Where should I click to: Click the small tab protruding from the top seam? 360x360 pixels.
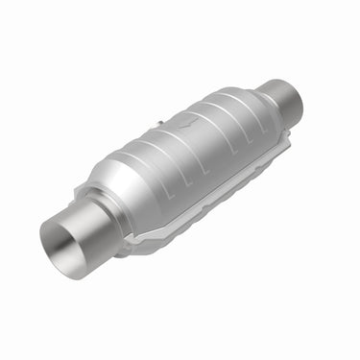point(156,124)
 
